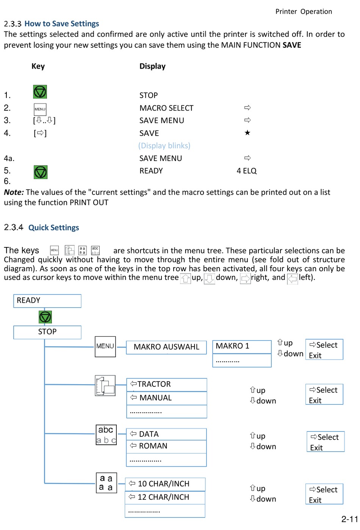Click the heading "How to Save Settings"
click(61, 24)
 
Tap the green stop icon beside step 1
click(40, 92)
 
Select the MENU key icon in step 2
click(40, 109)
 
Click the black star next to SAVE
click(247, 133)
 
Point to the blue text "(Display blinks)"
click(164, 146)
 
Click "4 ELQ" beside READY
click(246, 171)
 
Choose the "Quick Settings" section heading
click(53, 228)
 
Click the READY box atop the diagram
click(47, 301)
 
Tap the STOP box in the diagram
click(47, 332)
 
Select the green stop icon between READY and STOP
click(45, 317)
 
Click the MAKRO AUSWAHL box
click(166, 347)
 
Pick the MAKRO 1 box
click(241, 346)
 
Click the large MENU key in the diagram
click(105, 346)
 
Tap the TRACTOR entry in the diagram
click(166, 385)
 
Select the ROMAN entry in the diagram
click(166, 446)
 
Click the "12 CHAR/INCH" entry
click(165, 497)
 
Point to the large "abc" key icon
click(106, 435)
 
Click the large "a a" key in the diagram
click(106, 483)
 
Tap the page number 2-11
click(349, 519)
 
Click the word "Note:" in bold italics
click(14, 192)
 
